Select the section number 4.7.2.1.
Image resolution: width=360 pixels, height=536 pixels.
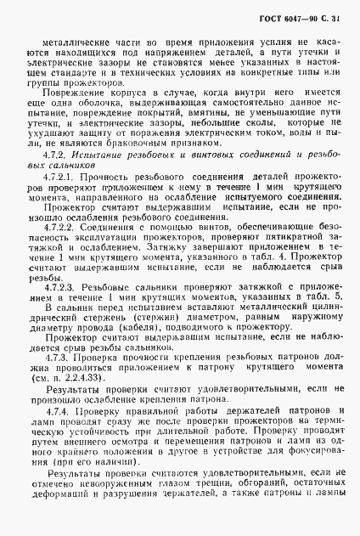(59, 198)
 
